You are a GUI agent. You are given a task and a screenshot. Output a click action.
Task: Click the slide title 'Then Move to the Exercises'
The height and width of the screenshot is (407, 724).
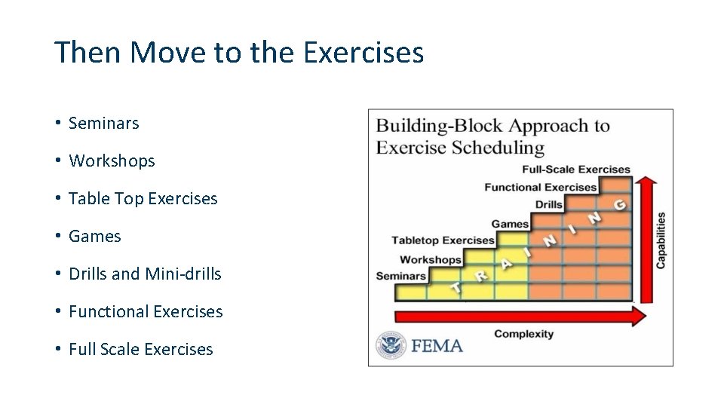click(x=239, y=53)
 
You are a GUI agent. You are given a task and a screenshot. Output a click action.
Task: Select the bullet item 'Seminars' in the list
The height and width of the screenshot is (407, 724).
click(x=103, y=124)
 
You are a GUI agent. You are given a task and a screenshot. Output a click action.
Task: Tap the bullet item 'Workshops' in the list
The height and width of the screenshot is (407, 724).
click(x=112, y=161)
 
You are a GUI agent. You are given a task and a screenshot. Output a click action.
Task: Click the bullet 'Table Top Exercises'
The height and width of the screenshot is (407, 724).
click(x=143, y=199)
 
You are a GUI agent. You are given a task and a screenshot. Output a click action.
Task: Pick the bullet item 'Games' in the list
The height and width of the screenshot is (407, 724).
click(x=94, y=237)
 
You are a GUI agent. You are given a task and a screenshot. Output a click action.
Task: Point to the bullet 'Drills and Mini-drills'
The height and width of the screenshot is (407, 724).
click(x=145, y=274)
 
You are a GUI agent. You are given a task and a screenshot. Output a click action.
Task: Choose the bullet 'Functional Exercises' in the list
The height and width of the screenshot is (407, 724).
click(x=146, y=312)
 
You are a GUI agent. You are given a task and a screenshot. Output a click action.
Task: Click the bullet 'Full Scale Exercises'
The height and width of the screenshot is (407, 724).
click(x=140, y=350)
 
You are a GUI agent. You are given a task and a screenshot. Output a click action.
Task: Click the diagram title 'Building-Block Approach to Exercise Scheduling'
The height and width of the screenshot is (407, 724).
click(x=492, y=136)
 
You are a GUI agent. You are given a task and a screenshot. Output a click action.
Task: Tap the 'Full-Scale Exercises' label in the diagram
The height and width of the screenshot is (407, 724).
click(x=576, y=170)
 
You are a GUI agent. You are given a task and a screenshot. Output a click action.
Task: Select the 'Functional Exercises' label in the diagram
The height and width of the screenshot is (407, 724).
click(x=540, y=187)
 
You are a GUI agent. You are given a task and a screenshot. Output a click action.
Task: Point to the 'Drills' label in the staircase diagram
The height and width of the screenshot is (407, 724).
click(x=549, y=204)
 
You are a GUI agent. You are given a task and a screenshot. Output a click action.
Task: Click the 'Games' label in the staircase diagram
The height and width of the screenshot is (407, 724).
click(x=510, y=224)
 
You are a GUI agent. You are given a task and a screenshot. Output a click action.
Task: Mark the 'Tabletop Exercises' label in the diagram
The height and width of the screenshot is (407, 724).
click(x=443, y=240)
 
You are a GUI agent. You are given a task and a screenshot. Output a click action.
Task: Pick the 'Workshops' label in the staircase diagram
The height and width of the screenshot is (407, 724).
click(x=431, y=259)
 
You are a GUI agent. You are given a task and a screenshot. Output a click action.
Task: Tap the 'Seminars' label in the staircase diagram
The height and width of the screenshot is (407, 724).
click(x=401, y=276)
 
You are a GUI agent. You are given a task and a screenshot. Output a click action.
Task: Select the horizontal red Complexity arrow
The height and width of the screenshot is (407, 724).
click(x=520, y=316)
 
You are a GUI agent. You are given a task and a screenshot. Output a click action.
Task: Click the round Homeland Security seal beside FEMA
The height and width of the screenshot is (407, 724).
click(x=391, y=345)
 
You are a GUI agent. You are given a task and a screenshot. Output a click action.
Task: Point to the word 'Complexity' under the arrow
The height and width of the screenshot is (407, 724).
click(x=523, y=334)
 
